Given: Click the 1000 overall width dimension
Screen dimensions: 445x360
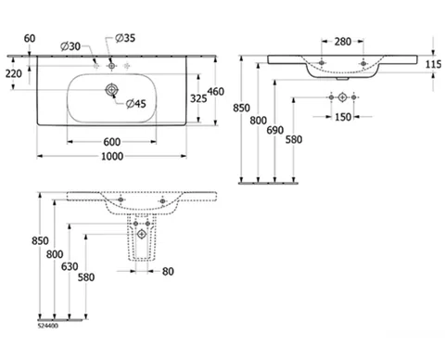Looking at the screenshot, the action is click(112, 156).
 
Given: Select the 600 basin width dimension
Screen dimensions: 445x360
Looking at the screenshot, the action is click(112, 142).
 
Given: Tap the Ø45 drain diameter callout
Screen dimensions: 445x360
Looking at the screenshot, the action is click(136, 104).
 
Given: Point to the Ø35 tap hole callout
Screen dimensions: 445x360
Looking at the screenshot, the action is click(125, 38).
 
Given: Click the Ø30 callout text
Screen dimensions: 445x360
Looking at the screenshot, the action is click(70, 46).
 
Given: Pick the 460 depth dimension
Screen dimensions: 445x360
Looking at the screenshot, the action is click(216, 92).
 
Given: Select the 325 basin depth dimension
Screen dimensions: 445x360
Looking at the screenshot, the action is click(198, 98).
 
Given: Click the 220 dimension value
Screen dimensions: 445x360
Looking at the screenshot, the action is click(14, 73).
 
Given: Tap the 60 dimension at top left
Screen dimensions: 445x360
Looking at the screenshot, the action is click(30, 38).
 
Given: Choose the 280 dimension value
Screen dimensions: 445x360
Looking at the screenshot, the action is click(343, 42).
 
